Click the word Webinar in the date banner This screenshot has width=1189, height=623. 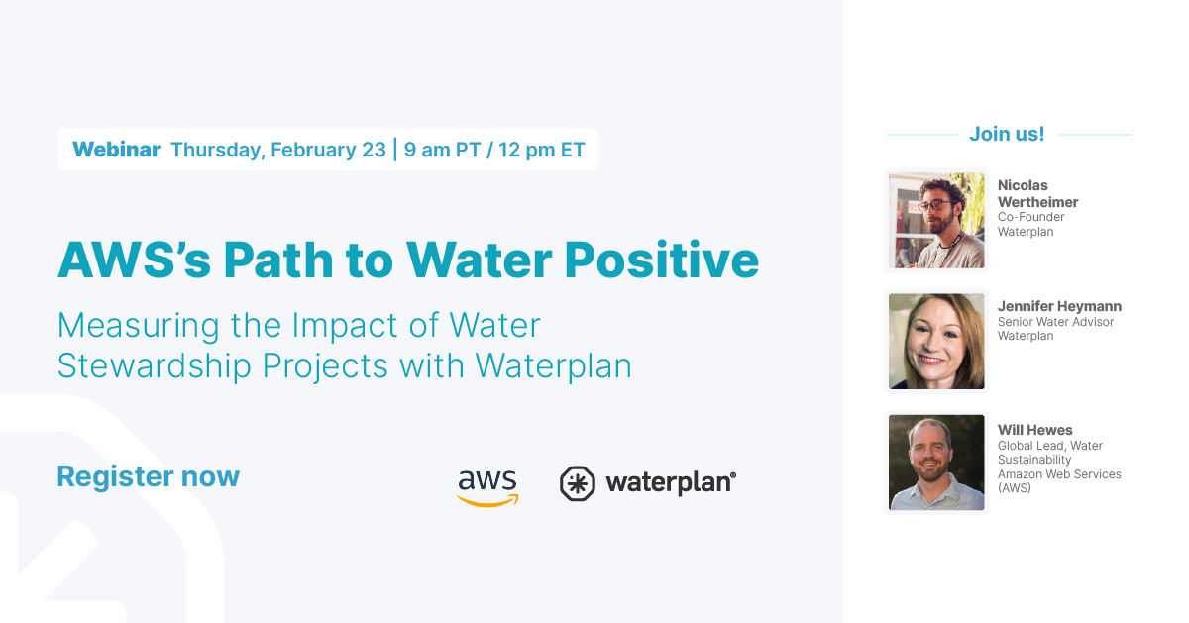click(116, 150)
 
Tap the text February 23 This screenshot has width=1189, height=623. click(327, 150)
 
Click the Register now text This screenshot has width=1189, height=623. click(148, 476)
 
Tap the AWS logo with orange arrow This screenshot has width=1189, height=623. click(487, 485)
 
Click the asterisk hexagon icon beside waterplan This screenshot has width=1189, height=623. click(577, 483)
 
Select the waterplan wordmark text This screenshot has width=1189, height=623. click(670, 482)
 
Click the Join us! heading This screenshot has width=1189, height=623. click(1007, 134)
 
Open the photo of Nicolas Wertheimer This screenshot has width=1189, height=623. click(936, 220)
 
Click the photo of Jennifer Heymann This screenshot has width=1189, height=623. click(936, 341)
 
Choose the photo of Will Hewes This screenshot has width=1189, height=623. click(936, 462)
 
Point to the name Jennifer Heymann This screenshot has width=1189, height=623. click(1059, 306)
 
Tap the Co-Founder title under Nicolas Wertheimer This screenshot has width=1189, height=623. click(1030, 217)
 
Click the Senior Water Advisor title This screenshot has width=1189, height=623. click(1055, 322)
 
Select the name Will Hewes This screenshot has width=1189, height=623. click(1034, 430)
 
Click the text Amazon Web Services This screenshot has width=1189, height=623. click(1059, 474)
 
